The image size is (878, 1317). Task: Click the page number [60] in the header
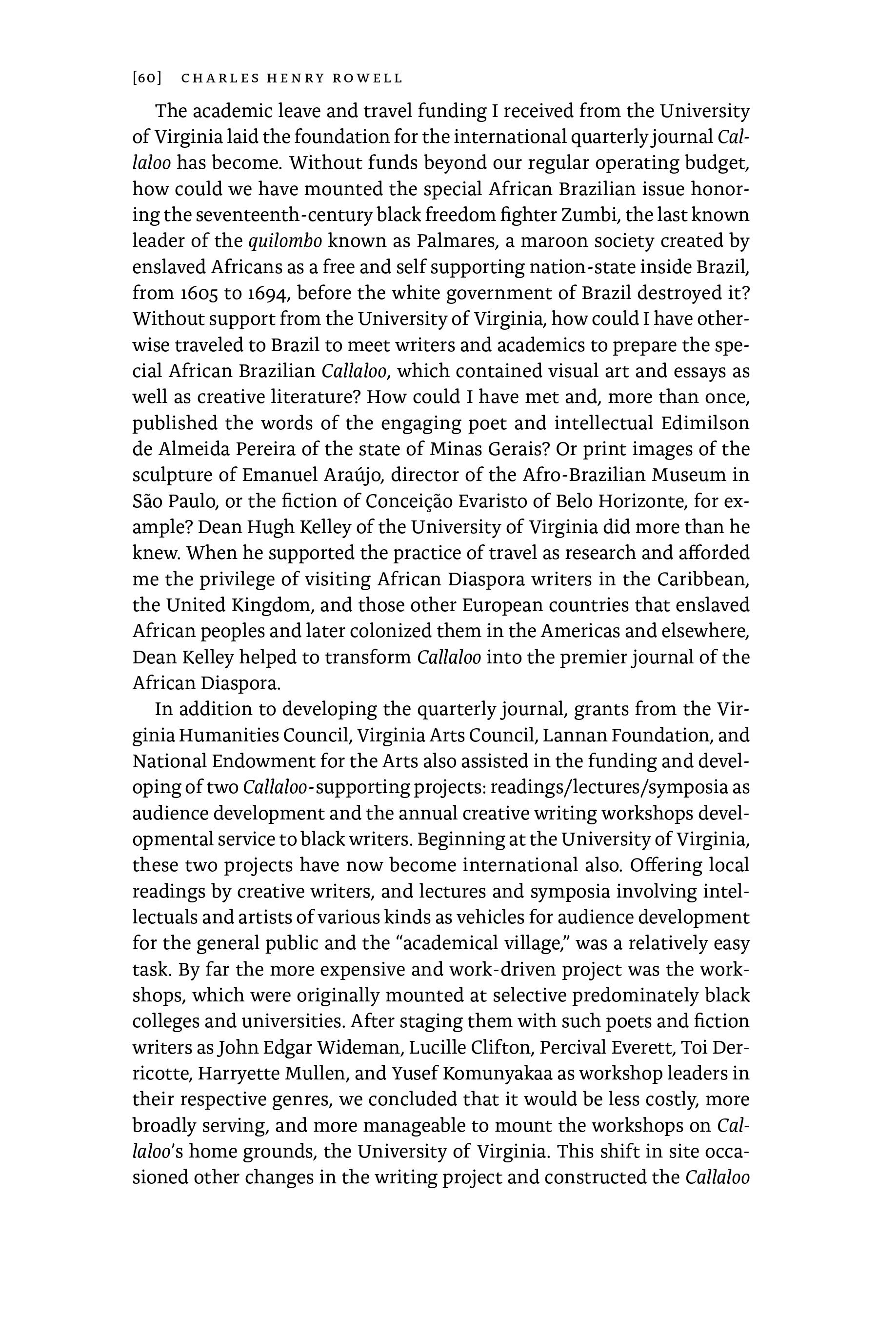pos(147,78)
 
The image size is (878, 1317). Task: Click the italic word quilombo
pos(285,241)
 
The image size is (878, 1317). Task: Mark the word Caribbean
pos(703,579)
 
